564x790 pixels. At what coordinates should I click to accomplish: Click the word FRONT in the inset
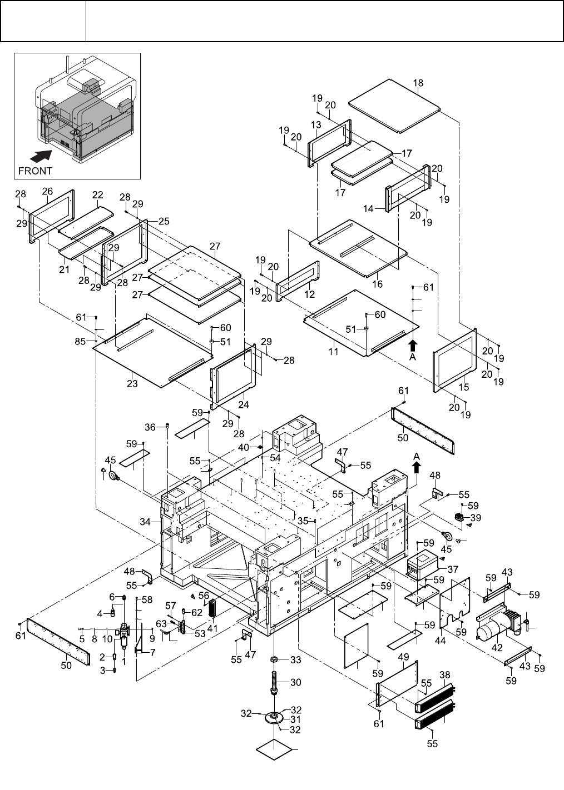[x=35, y=171]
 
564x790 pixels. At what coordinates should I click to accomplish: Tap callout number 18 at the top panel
[x=418, y=83]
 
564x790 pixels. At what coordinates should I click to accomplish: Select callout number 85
[x=81, y=342]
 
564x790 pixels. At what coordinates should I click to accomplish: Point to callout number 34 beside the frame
[x=145, y=522]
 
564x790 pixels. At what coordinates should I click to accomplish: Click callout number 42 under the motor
[x=497, y=648]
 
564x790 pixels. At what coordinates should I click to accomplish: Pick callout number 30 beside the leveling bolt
[x=295, y=682]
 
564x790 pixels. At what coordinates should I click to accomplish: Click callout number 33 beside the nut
[x=295, y=660]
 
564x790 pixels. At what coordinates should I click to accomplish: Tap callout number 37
[x=452, y=569]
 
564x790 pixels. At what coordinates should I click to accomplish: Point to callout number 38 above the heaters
[x=444, y=676]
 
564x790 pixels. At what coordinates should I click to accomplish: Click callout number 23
[x=132, y=384]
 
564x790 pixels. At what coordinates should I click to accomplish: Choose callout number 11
[x=333, y=352]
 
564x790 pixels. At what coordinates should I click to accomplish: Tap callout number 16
[x=378, y=284]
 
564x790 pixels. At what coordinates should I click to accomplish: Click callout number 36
[x=150, y=427]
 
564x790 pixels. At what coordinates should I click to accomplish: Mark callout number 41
[x=212, y=628]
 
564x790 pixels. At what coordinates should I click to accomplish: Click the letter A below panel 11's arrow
[x=413, y=357]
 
